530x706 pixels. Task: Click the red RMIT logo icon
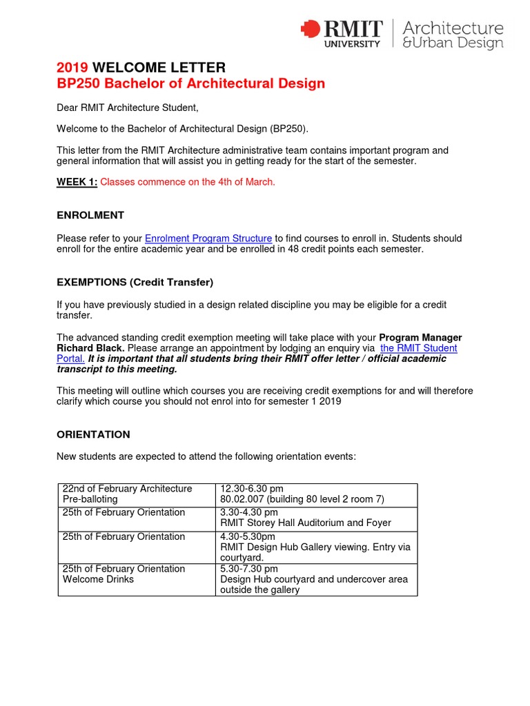(x=311, y=30)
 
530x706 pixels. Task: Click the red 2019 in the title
(x=72, y=68)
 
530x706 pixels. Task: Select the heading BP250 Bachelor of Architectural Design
(x=190, y=83)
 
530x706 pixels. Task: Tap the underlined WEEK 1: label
(x=77, y=182)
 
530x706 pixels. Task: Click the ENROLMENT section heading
(x=90, y=215)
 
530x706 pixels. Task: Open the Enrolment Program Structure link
(x=208, y=239)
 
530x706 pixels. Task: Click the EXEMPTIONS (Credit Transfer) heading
(x=135, y=282)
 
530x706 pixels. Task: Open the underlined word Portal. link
(x=70, y=359)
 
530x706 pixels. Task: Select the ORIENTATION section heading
(x=93, y=434)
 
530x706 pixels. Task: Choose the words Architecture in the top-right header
(x=453, y=28)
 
